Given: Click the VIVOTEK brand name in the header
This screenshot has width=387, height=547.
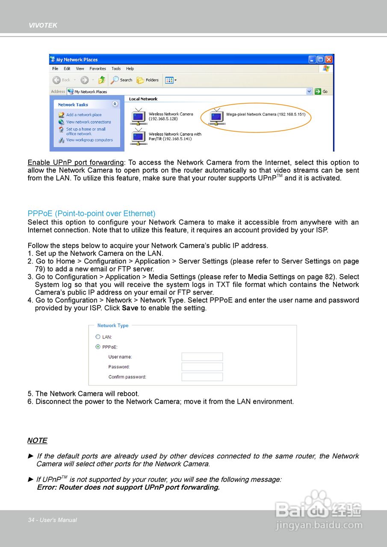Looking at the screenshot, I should coord(43,25).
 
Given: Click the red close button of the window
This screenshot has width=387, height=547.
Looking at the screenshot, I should coord(329,59).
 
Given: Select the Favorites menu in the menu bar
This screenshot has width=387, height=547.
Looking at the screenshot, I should coord(97,68).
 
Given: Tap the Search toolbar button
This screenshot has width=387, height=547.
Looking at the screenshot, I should coord(121,80).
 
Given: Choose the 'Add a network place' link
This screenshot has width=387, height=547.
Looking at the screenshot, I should coord(84,115).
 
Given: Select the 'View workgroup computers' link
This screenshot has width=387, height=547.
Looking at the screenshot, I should coord(89,140).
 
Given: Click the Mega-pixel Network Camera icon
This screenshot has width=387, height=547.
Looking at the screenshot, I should coord(217,117).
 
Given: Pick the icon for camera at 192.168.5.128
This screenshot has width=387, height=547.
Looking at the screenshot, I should coord(139,116).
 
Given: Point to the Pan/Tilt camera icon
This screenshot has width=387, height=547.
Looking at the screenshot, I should coord(139,136).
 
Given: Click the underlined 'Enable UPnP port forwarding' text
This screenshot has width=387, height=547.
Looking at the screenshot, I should coord(76,162).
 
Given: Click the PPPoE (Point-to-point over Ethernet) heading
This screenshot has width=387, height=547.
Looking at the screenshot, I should coord(92,213).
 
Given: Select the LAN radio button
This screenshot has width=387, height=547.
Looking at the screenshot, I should coord(98,337).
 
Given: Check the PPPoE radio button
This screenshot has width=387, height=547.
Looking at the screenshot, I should coord(98,347).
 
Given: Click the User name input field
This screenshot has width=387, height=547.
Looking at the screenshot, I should coord(202,357).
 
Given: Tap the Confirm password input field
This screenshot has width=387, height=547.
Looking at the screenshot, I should coord(202,377).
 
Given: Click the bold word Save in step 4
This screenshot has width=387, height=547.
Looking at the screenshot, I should coord(130,308).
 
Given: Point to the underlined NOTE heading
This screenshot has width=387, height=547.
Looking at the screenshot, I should coord(37,441).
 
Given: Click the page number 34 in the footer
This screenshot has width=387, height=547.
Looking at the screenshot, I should coord(31,520).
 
